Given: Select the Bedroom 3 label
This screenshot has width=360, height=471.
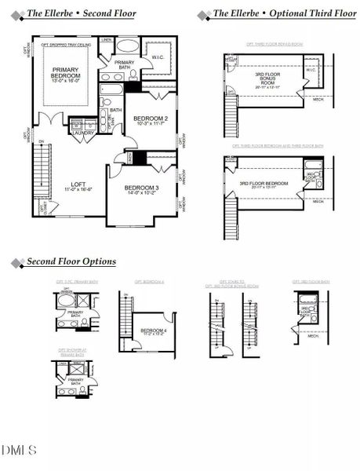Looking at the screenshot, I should click(x=142, y=188).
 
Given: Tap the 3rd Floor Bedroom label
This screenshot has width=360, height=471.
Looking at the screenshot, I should click(x=264, y=184).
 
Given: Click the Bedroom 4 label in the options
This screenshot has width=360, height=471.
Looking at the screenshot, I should click(x=154, y=331).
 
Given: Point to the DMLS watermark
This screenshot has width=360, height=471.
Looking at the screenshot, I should click(x=19, y=450).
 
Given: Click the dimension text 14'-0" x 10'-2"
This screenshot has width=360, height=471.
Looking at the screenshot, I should click(x=142, y=194).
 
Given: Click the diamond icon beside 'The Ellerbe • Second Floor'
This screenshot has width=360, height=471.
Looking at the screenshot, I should click(x=16, y=14).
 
